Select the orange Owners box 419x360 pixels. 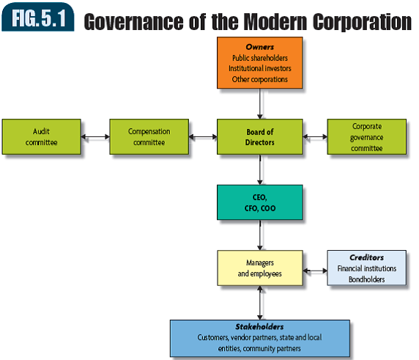pyautogui.click(x=259, y=62)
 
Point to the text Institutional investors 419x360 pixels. pyautogui.click(x=259, y=68)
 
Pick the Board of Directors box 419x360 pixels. pyautogui.click(x=259, y=137)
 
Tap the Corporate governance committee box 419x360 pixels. pyautogui.click(x=366, y=137)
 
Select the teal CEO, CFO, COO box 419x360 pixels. pyautogui.click(x=259, y=202)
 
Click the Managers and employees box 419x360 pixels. pyautogui.click(x=259, y=268)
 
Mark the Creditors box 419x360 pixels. pyautogui.click(x=366, y=268)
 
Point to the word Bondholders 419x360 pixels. pyautogui.click(x=366, y=279)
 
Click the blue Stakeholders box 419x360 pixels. pyautogui.click(x=259, y=337)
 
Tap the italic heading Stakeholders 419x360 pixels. pyautogui.click(x=259, y=327)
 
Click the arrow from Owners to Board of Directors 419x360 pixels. pyautogui.click(x=259, y=104)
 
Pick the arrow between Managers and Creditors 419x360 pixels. pyautogui.click(x=314, y=271)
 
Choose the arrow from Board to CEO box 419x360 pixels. pyautogui.click(x=259, y=169)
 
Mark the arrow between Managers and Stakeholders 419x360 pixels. pyautogui.click(x=259, y=302)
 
